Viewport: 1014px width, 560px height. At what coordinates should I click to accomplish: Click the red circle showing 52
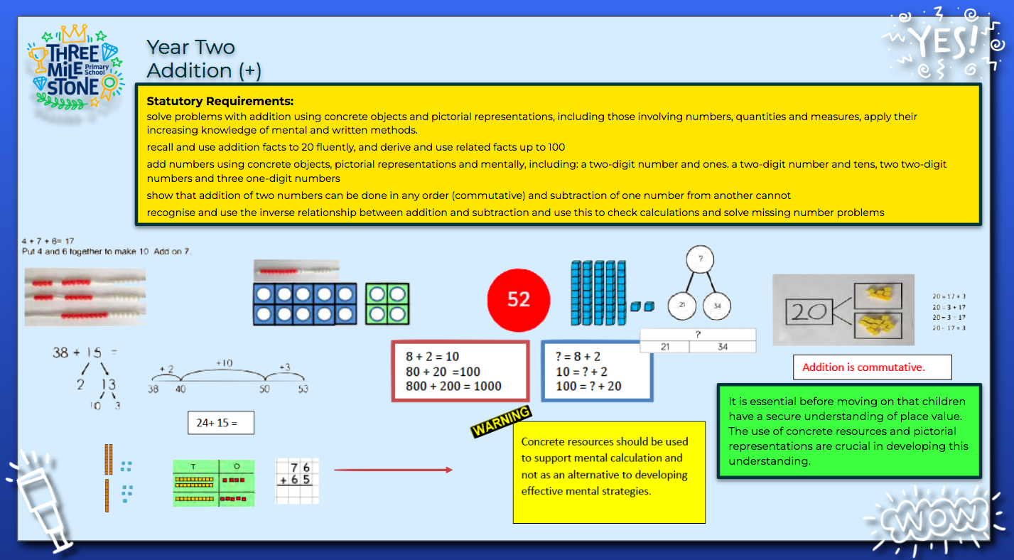tap(519, 299)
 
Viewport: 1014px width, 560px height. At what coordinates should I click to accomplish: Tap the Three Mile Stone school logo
tap(74, 68)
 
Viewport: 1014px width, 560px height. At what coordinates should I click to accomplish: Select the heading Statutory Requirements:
tap(220, 102)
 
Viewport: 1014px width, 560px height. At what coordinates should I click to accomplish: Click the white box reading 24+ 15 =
tap(220, 423)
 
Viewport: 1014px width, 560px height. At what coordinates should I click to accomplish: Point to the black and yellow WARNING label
tap(501, 421)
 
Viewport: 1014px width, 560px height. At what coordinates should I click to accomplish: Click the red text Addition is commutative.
tap(872, 367)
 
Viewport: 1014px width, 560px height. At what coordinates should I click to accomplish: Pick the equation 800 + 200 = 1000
tap(453, 387)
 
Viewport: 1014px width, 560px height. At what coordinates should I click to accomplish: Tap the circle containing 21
tap(681, 306)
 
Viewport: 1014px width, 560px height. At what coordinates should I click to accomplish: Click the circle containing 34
tap(716, 306)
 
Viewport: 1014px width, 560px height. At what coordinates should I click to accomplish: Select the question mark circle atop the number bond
tap(699, 260)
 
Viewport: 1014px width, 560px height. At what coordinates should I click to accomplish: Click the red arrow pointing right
tap(393, 470)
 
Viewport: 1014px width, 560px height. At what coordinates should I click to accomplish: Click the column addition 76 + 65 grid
tap(298, 481)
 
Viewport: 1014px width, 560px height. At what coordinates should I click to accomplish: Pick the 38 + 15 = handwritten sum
tap(84, 352)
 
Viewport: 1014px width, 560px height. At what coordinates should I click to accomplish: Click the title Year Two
tap(190, 48)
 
